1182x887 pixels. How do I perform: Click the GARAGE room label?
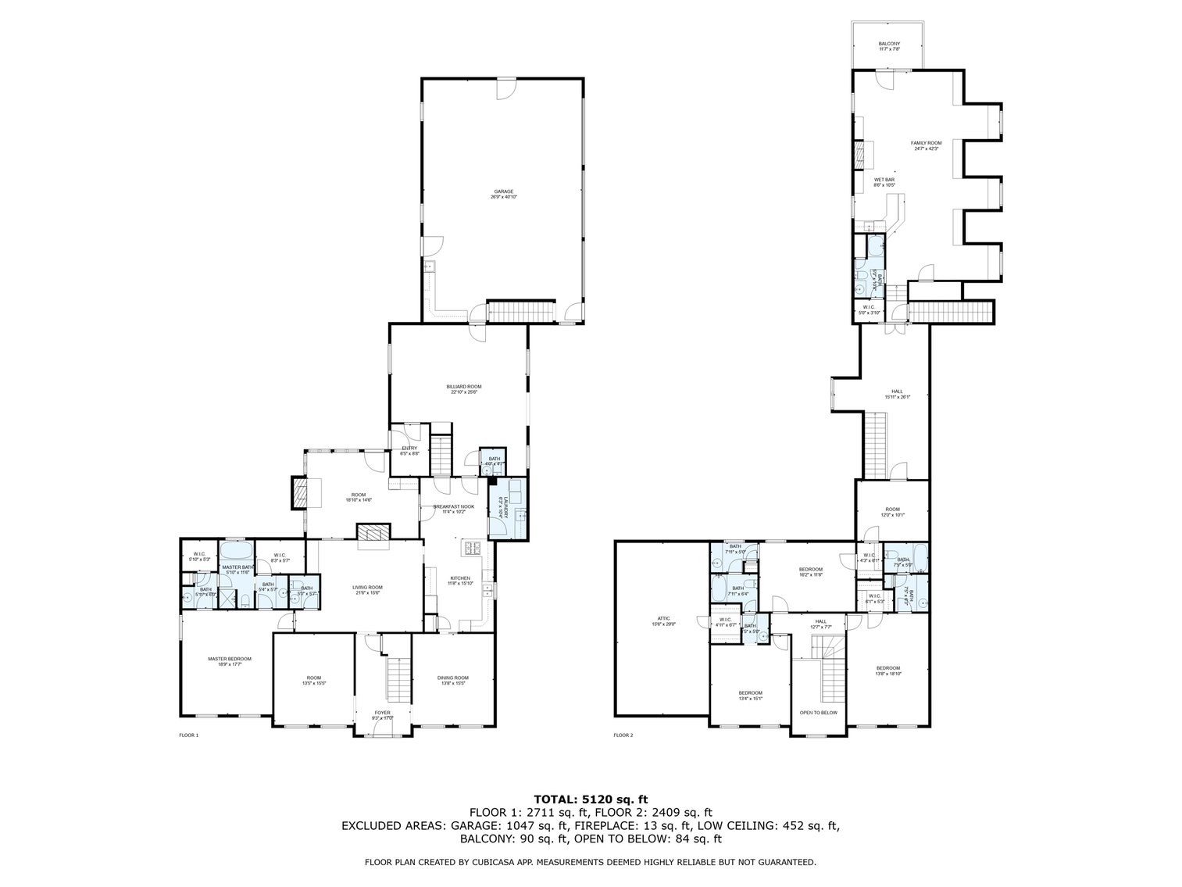[x=503, y=194]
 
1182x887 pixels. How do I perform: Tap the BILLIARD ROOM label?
[x=463, y=388]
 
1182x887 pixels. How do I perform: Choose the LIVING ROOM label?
[x=366, y=590]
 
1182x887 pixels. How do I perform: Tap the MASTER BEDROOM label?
[x=229, y=661]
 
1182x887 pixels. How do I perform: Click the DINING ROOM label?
[x=453, y=680]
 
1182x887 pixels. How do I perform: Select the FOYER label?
[x=382, y=715]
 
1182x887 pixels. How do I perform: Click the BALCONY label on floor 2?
[x=888, y=46]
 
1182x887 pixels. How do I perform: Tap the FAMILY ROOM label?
[x=926, y=145]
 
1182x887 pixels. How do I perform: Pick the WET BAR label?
[x=884, y=182]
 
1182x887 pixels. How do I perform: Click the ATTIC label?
[x=662, y=621]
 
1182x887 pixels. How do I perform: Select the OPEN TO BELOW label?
[x=818, y=713]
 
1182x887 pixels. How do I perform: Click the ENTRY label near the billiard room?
[x=409, y=450]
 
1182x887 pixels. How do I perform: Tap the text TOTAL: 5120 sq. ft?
[x=591, y=799]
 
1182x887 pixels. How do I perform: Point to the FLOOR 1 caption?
[x=189, y=735]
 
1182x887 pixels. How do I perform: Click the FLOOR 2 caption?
[x=623, y=735]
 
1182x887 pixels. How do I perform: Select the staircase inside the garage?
[x=520, y=313]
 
